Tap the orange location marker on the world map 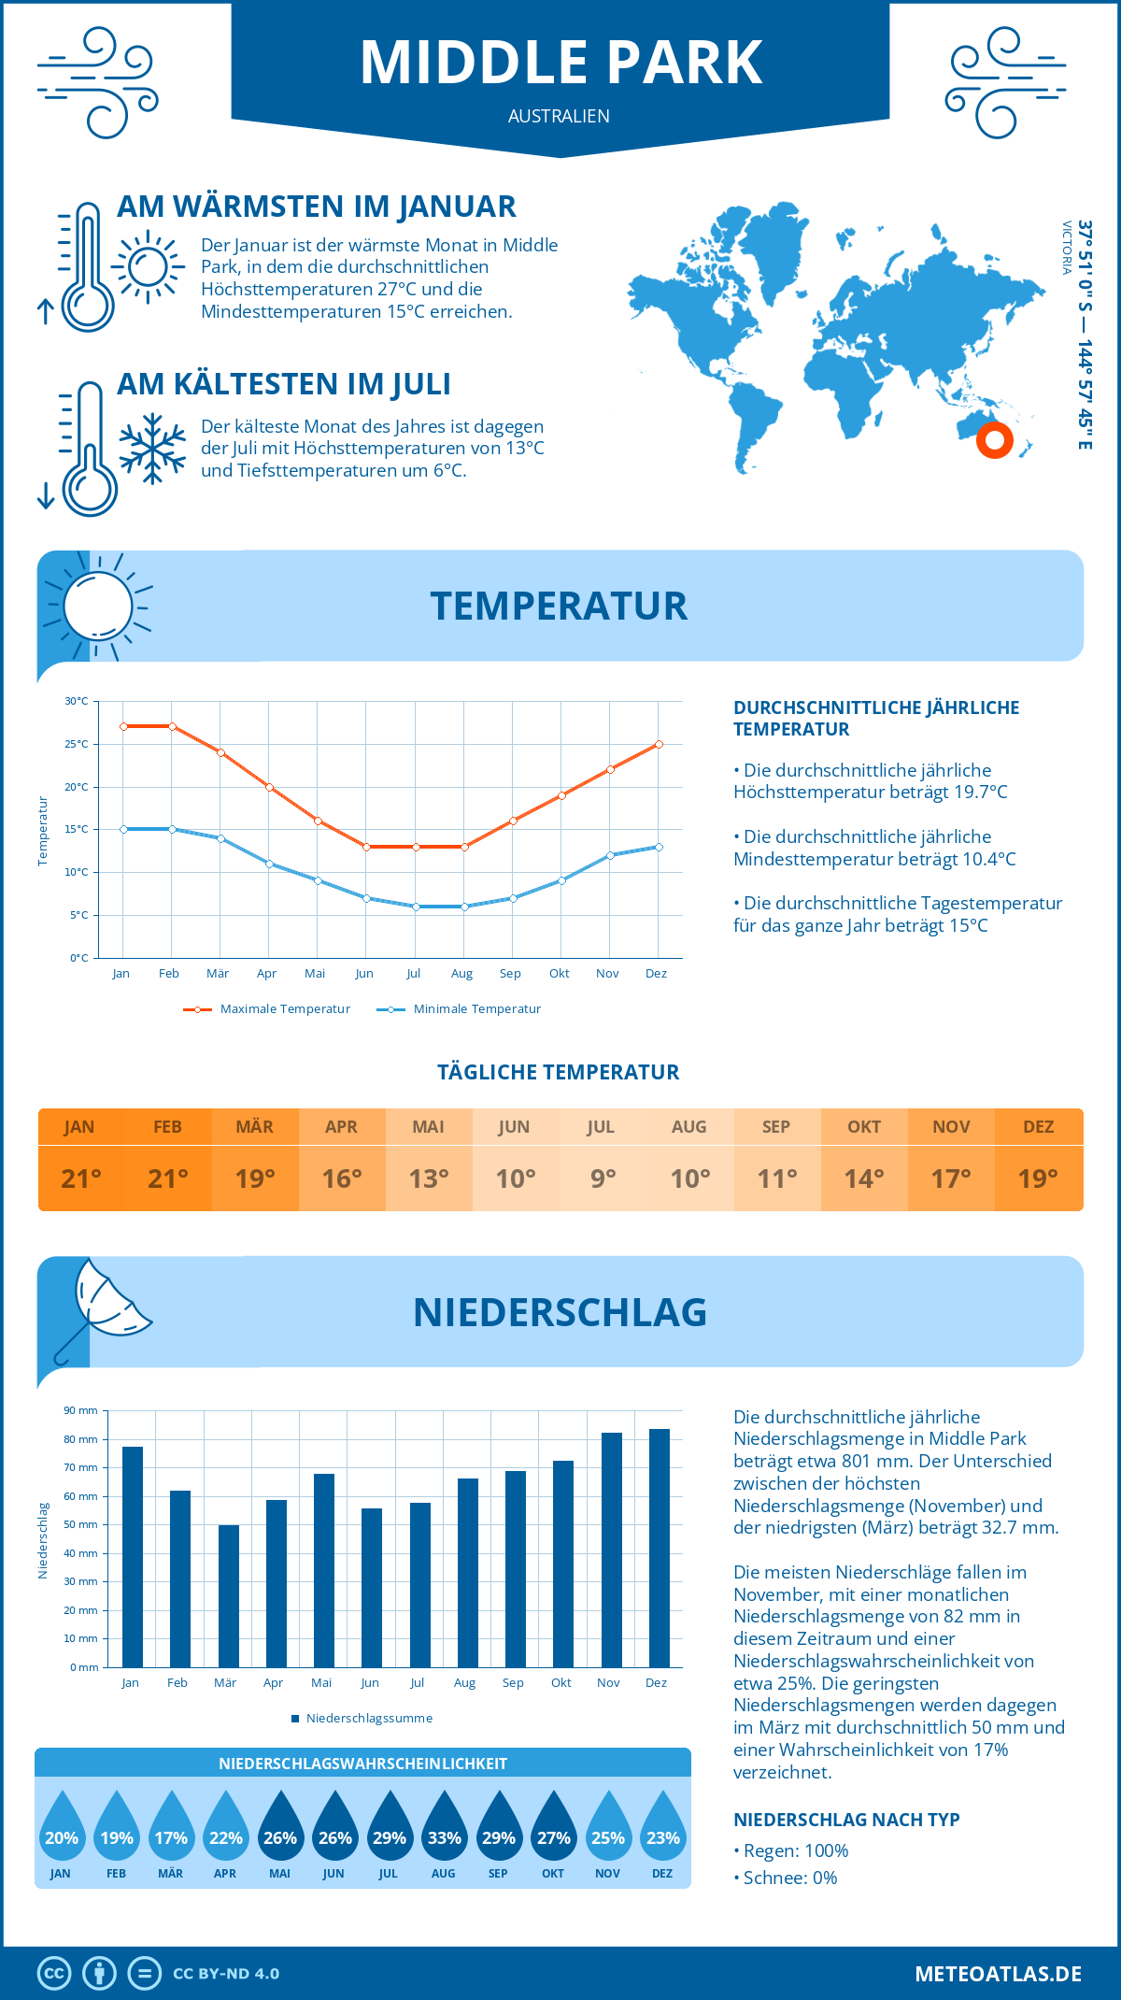(994, 439)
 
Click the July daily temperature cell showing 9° (603, 1179)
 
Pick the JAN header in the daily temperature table (79, 1126)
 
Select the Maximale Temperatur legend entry (267, 1009)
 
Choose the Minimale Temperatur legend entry (459, 1009)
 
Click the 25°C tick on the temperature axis (77, 744)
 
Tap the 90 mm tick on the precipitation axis (81, 1410)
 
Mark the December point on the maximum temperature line (659, 744)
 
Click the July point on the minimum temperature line (416, 907)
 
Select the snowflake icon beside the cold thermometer (152, 449)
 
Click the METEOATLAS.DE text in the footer (998, 1974)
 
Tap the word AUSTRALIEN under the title (559, 116)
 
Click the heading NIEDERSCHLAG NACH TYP (846, 1820)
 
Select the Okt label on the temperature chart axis (559, 974)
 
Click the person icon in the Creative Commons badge (99, 1974)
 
